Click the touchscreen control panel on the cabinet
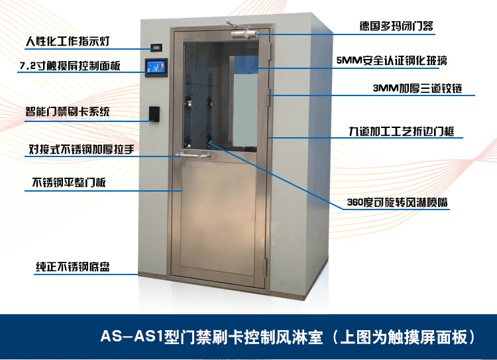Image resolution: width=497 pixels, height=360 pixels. click(x=156, y=68)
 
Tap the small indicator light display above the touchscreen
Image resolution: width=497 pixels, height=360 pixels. click(x=156, y=48)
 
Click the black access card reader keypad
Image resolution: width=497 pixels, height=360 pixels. click(x=154, y=114)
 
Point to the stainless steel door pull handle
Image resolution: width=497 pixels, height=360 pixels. click(x=193, y=155)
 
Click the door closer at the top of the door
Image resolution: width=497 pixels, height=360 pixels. click(x=244, y=34)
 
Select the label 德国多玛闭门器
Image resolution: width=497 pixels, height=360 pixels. click(x=396, y=26)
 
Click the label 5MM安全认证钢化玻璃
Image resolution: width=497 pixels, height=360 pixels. click(x=392, y=60)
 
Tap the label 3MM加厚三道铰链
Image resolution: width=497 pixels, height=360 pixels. click(x=417, y=88)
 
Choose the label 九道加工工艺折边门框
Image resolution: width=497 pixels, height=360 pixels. click(x=402, y=131)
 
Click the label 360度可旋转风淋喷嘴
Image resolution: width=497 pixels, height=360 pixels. click(x=398, y=202)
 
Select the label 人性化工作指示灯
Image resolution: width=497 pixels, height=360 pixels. click(x=68, y=41)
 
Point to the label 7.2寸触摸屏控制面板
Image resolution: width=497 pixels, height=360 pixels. click(x=70, y=66)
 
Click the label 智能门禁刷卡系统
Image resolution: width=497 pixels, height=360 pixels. click(x=68, y=111)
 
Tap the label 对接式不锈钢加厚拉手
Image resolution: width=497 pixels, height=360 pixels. click(x=82, y=149)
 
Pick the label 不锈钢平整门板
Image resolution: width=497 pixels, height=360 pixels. click(x=69, y=182)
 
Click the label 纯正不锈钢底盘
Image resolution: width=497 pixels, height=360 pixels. click(x=73, y=267)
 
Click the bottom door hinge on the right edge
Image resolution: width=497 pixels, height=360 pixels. click(x=265, y=267)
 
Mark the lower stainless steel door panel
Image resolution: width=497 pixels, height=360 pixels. click(x=219, y=218)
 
